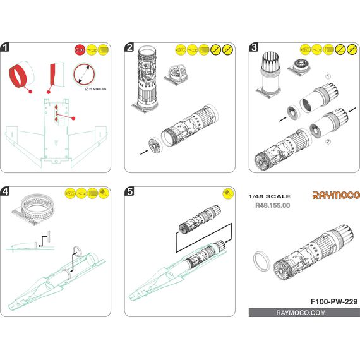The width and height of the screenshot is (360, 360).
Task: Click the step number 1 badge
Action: (5, 47)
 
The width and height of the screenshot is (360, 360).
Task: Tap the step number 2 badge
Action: (129, 47)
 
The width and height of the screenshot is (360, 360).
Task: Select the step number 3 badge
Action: (254, 47)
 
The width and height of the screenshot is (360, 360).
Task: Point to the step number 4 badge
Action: (5, 191)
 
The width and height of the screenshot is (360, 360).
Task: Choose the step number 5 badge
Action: (129, 191)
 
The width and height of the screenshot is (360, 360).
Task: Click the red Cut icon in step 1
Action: (80, 50)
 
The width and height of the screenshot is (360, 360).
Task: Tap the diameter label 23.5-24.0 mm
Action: (96, 89)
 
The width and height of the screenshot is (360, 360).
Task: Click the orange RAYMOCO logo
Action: (336, 195)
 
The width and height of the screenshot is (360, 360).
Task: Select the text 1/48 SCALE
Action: (270, 196)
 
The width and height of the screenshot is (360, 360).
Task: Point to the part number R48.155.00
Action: (272, 205)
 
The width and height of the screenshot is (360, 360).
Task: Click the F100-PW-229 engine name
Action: (334, 301)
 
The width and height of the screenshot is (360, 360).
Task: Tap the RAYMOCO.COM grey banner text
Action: (301, 313)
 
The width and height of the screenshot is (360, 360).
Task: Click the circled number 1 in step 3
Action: (328, 76)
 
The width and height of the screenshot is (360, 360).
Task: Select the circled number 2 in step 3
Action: (328, 141)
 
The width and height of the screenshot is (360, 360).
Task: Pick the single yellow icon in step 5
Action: (228, 193)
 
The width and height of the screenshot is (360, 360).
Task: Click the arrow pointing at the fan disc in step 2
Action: (144, 152)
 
